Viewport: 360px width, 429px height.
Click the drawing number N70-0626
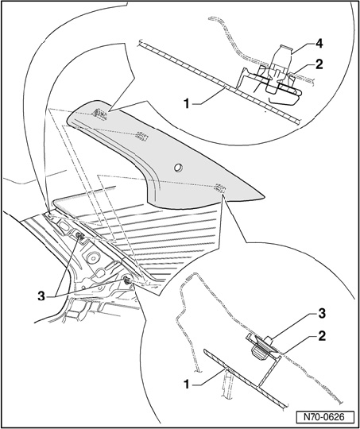[325, 418]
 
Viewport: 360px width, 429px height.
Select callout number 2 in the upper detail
[319, 64]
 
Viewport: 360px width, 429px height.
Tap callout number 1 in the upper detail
[187, 104]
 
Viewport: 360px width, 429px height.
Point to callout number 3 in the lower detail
[321, 314]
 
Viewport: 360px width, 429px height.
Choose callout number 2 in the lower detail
[321, 336]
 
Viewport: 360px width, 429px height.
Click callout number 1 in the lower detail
[187, 385]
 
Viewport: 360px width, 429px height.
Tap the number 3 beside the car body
[41, 296]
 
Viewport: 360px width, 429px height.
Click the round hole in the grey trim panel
[179, 168]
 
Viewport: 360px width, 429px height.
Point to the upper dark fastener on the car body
[80, 236]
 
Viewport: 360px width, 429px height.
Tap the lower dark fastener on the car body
[126, 280]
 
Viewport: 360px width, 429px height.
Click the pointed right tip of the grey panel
[264, 196]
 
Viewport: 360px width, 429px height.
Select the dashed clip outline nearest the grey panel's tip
[219, 187]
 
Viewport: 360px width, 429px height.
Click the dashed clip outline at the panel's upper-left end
[99, 114]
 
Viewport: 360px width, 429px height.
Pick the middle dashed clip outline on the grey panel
[141, 136]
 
